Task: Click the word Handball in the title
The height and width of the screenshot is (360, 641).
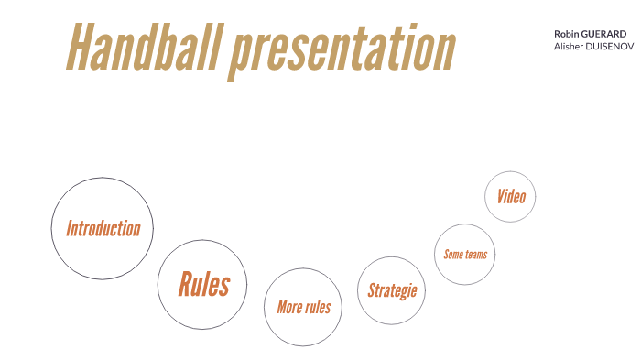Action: (x=144, y=48)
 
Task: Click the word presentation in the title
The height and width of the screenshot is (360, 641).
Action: (x=342, y=49)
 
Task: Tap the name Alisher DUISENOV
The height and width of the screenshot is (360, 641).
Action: (x=593, y=45)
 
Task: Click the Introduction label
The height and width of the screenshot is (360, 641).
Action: (x=103, y=228)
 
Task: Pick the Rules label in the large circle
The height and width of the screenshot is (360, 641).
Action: (x=203, y=284)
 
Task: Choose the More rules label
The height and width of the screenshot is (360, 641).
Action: (x=303, y=307)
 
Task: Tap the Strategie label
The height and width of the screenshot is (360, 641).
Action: (x=392, y=290)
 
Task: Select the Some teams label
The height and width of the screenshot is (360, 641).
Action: (x=465, y=254)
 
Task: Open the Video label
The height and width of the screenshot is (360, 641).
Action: (x=510, y=196)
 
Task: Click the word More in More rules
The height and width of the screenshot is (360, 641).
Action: (x=289, y=307)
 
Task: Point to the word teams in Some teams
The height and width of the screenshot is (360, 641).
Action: (x=477, y=254)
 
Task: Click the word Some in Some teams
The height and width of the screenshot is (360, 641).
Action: (x=453, y=254)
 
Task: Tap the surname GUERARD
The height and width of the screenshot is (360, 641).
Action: (x=603, y=33)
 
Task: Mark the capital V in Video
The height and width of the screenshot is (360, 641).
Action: (x=500, y=196)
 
